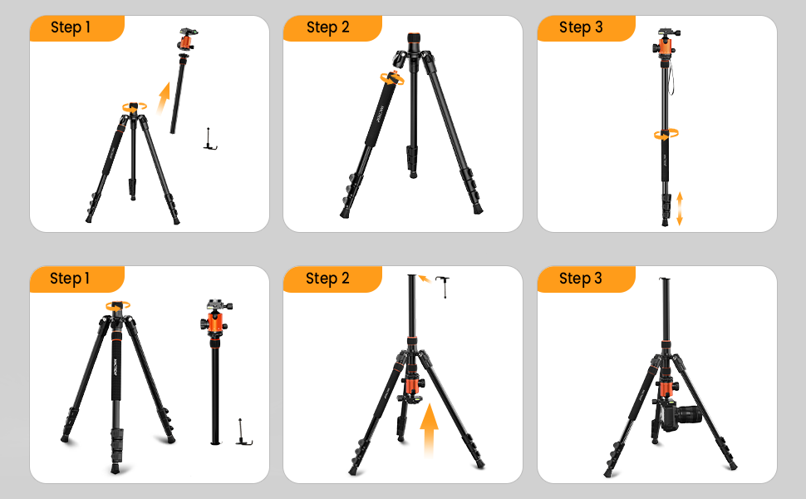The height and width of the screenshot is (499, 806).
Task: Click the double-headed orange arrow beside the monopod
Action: (x=680, y=208)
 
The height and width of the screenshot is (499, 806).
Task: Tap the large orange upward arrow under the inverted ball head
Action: (x=429, y=428)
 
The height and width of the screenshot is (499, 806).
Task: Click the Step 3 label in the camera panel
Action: (x=580, y=279)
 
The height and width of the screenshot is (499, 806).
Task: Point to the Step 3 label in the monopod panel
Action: (x=580, y=27)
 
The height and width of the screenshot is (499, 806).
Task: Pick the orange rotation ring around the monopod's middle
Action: (x=666, y=133)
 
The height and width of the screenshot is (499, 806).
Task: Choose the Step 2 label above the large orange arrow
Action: (x=327, y=279)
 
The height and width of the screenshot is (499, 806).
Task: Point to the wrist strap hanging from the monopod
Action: (x=675, y=75)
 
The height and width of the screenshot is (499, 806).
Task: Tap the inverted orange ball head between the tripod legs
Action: (x=410, y=389)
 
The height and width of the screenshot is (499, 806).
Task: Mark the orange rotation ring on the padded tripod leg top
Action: (x=391, y=79)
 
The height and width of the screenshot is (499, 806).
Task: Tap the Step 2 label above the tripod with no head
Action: (x=327, y=27)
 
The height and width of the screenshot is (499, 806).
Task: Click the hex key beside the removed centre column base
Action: (x=243, y=432)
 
